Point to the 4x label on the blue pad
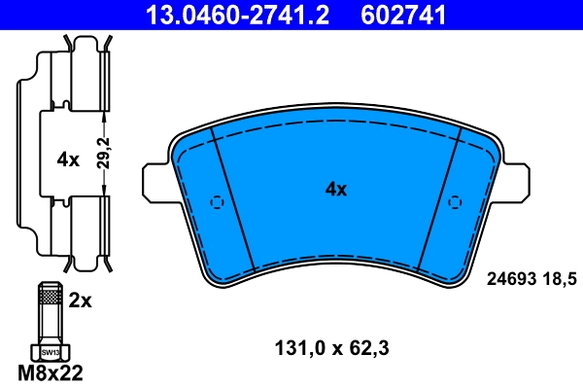point(336,191)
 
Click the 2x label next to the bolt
point(81,301)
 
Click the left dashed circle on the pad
point(218,202)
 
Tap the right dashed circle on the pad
point(455,202)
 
